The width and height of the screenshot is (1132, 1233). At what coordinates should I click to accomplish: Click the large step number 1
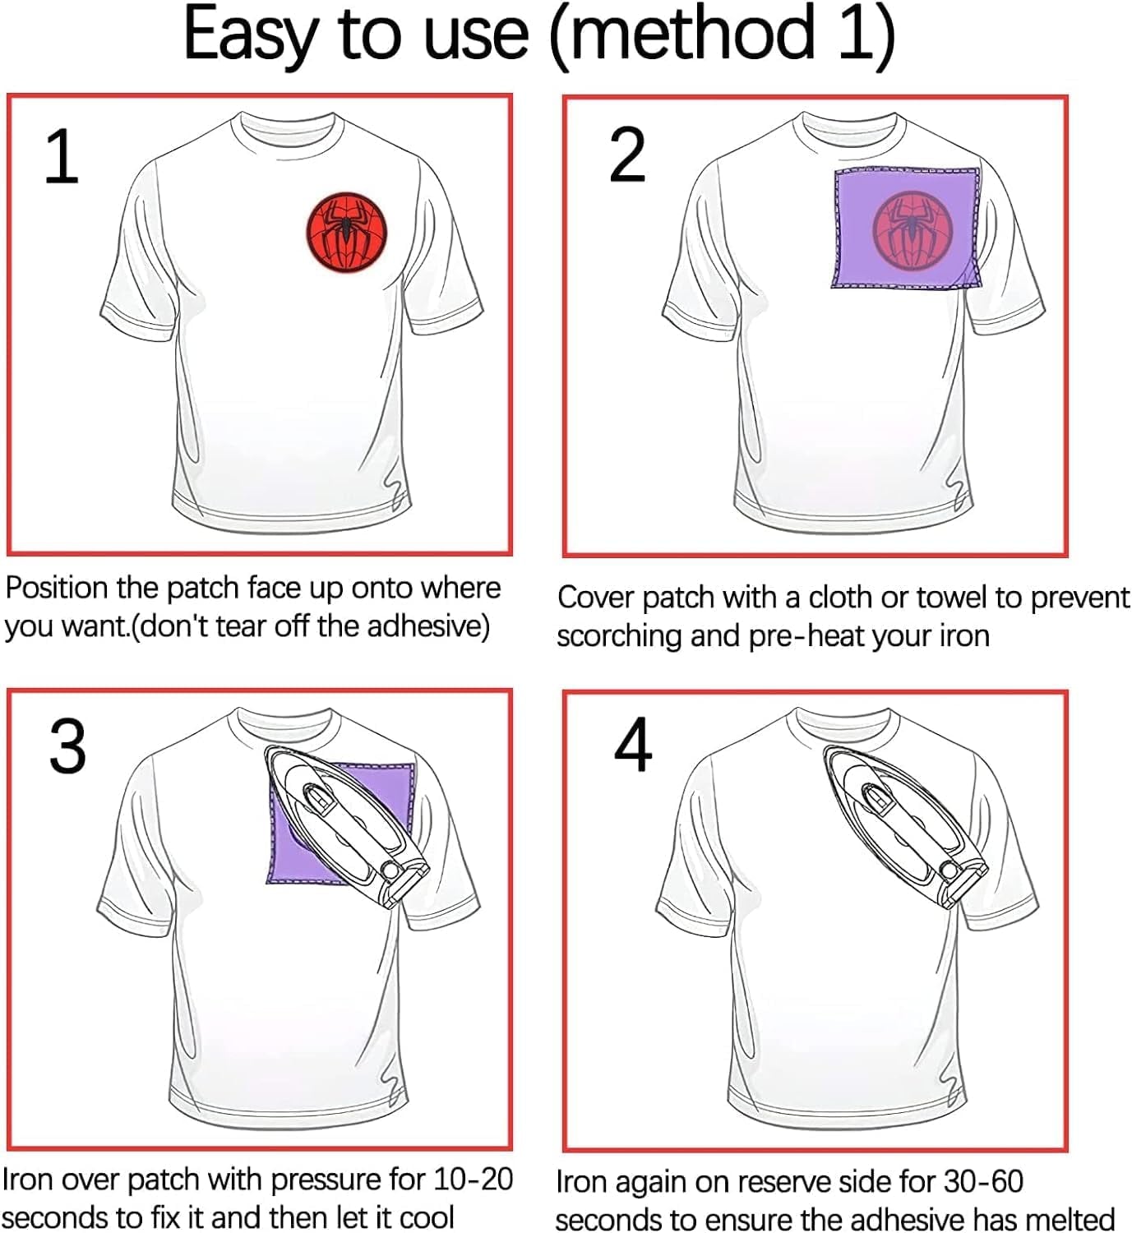(x=62, y=156)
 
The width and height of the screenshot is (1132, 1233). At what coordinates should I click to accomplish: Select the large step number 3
(x=67, y=747)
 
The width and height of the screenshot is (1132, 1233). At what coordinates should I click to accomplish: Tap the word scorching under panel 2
(x=619, y=637)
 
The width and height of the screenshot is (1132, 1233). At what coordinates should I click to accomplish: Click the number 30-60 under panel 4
(x=984, y=1181)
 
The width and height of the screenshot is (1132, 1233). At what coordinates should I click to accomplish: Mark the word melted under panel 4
(x=1069, y=1220)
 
